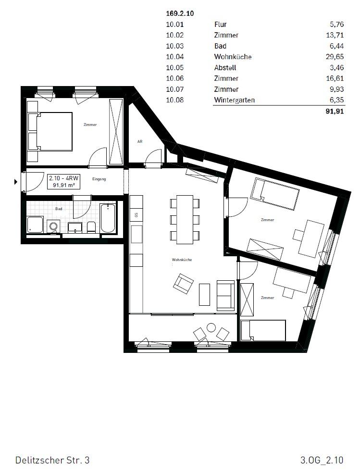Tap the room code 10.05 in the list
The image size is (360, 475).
[x=175, y=68]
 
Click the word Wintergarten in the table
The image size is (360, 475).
[x=234, y=100]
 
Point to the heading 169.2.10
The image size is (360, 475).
[x=180, y=14]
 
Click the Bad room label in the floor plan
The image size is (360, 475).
[x=59, y=209]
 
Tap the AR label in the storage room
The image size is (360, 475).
[x=140, y=142]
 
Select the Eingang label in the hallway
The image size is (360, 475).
[x=99, y=179]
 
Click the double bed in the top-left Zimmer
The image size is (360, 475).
[x=50, y=131]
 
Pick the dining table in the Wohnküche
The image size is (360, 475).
[x=185, y=219]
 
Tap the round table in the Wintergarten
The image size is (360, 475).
[x=211, y=328]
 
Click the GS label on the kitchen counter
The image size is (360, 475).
[x=137, y=214]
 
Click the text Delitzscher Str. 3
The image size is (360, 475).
[x=52, y=461]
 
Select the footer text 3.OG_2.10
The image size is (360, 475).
[x=321, y=461]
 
